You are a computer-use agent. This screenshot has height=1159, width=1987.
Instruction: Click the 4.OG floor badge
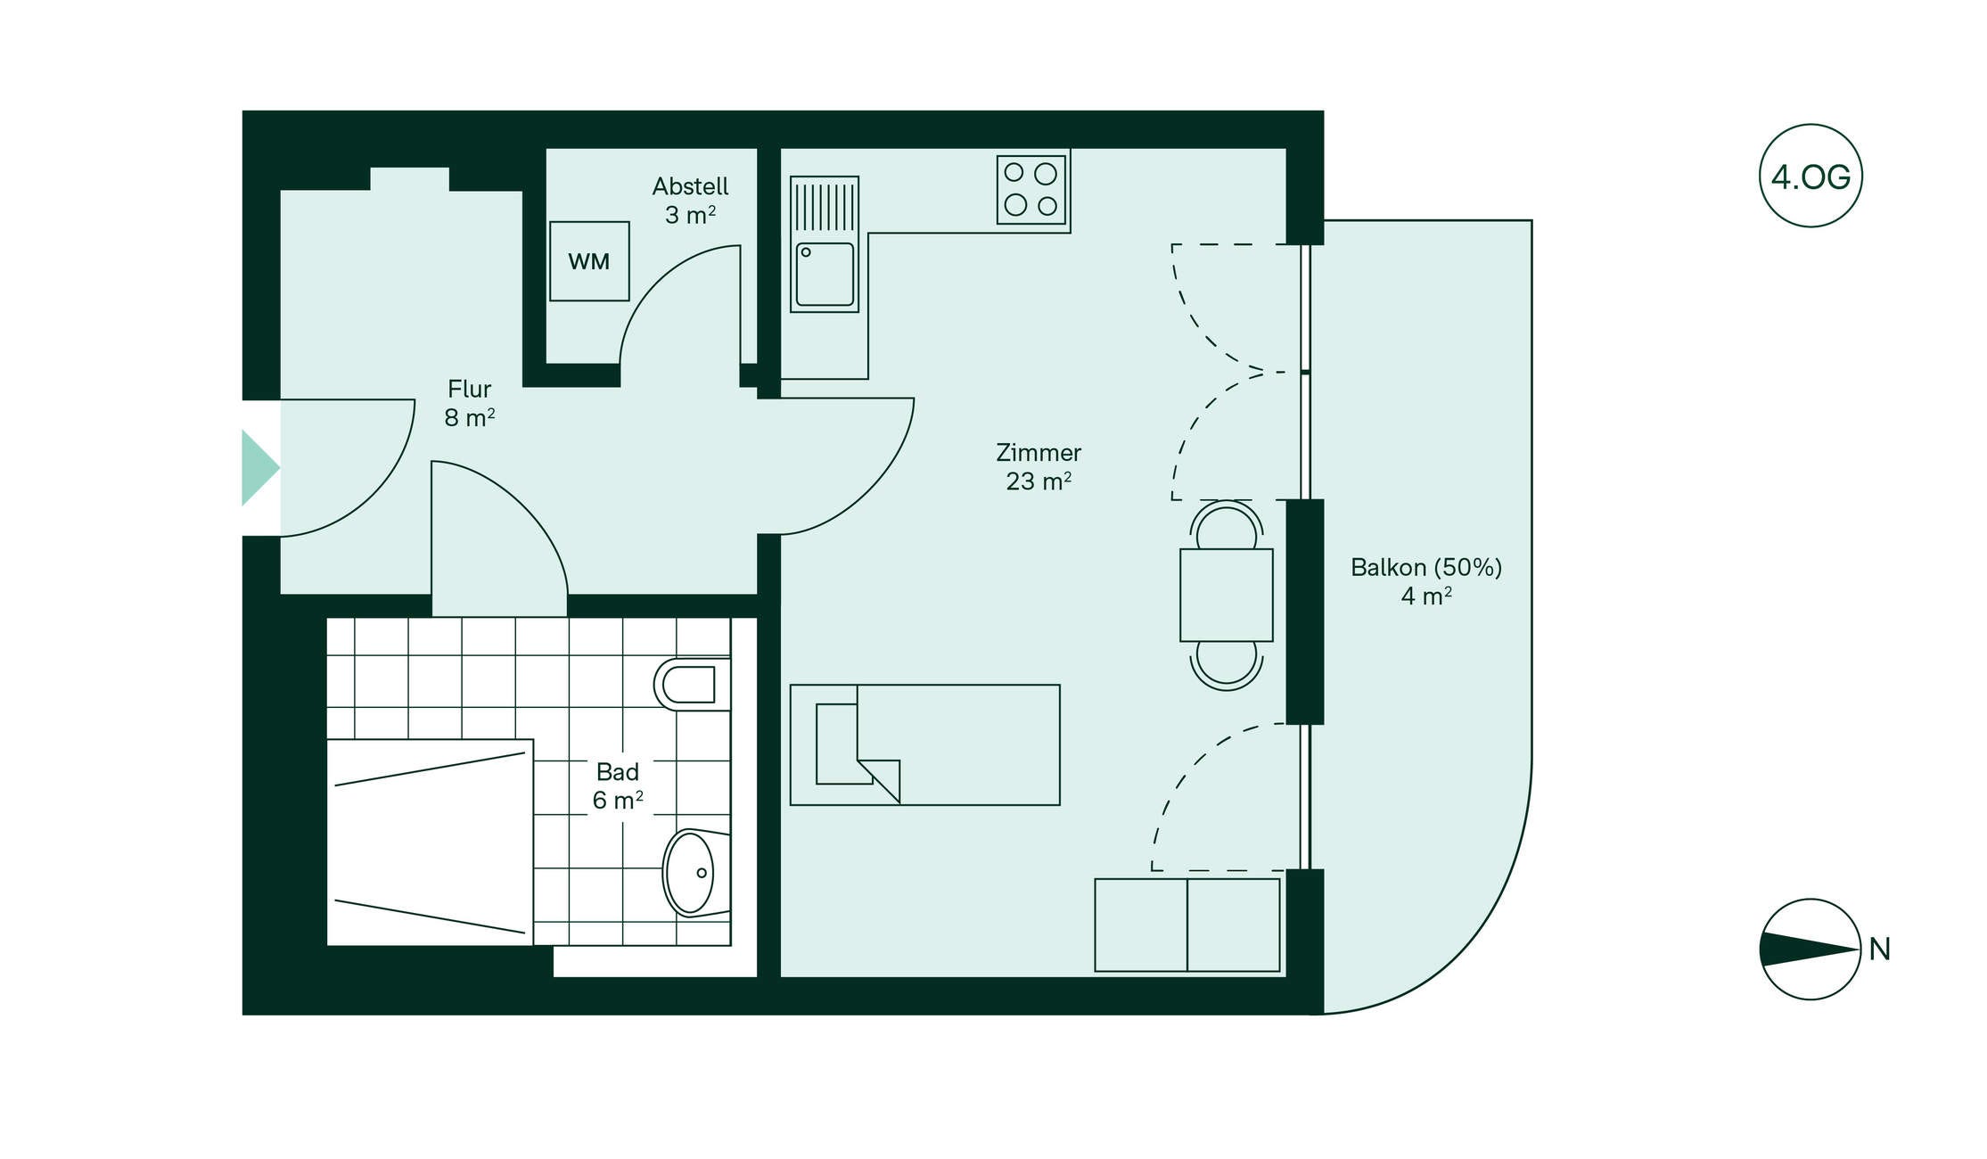(1810, 176)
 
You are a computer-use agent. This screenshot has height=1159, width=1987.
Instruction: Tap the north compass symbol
(1810, 949)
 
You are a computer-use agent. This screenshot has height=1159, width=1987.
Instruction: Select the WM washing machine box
(589, 261)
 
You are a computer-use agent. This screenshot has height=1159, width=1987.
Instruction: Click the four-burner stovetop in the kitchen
(1031, 189)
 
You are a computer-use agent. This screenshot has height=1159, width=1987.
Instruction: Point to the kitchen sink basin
(825, 275)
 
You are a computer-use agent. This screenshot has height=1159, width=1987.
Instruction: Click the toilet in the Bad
(692, 685)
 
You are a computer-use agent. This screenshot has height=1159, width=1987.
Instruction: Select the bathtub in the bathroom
(430, 842)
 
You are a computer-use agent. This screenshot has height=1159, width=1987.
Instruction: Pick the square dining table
(1226, 595)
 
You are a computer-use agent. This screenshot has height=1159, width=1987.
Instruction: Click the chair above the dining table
(1227, 525)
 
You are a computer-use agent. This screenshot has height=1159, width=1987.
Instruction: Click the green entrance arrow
(260, 467)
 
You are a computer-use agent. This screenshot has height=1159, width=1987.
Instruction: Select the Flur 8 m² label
(470, 403)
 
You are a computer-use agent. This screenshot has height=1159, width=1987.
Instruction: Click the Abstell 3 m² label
(690, 201)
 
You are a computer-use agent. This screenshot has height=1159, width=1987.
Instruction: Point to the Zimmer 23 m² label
(1039, 466)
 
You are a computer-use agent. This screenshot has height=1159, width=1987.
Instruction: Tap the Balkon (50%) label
(1426, 567)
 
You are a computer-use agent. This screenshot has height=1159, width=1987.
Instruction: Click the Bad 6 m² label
(618, 785)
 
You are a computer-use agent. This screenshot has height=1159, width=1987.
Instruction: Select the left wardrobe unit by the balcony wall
(1141, 925)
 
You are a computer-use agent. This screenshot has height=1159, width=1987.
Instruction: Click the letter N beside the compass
(1880, 949)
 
